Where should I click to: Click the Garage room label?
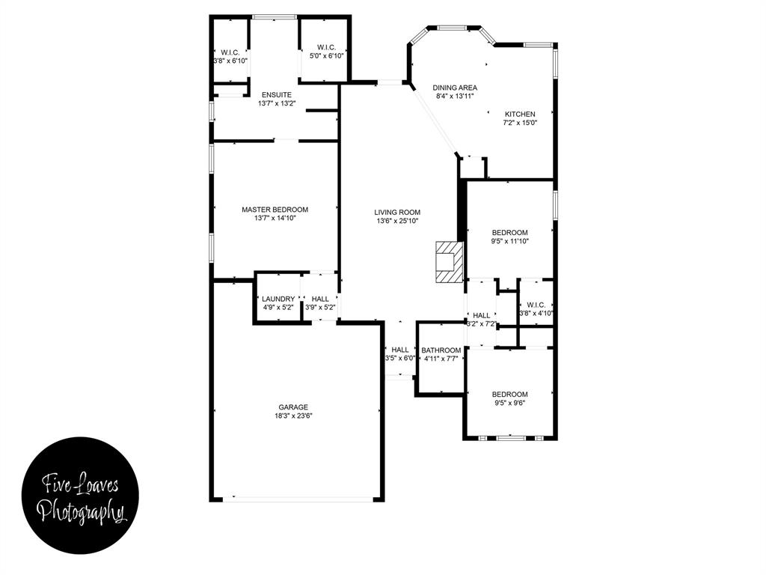pos(294,407)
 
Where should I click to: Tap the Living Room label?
pos(397,212)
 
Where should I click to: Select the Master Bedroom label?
pos(275,210)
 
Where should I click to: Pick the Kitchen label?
pos(519,114)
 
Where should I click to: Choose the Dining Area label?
pos(455,88)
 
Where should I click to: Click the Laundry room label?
pos(278,299)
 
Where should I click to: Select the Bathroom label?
pos(441,350)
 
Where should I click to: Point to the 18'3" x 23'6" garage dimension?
pos(294,416)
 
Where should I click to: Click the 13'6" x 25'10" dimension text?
pos(397,221)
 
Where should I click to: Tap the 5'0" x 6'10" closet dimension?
pos(326,55)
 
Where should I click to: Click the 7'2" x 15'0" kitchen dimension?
pos(519,123)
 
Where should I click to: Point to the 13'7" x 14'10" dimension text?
pos(275,219)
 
